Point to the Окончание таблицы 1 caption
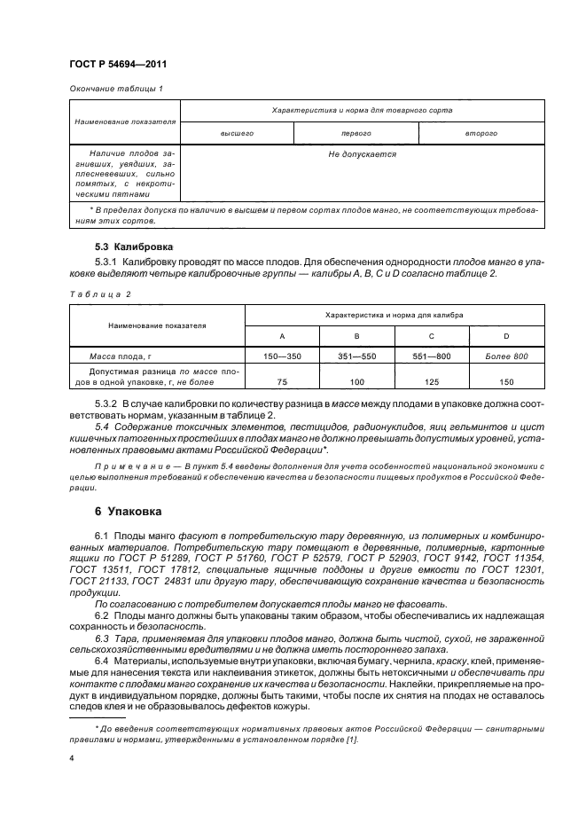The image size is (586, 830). click(115, 88)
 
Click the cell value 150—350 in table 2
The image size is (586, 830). click(282, 355)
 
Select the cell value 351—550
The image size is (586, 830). click(356, 355)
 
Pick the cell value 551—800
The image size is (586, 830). click(431, 355)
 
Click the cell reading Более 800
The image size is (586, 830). click(506, 355)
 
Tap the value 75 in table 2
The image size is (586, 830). click(282, 381)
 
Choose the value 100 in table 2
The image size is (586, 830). click(356, 381)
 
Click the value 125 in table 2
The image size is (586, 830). click(431, 381)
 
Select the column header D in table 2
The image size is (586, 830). click(506, 336)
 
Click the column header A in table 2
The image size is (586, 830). click(282, 336)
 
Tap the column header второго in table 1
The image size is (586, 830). click(481, 132)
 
